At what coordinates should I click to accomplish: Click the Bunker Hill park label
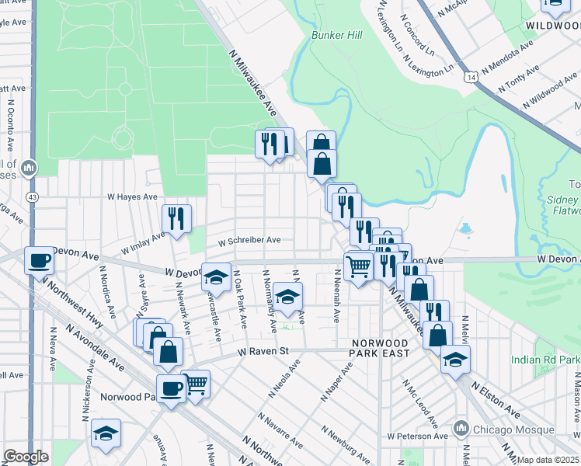(x=337, y=36)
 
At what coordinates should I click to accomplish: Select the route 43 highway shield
(x=32, y=197)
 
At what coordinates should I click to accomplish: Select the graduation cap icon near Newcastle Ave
(x=216, y=276)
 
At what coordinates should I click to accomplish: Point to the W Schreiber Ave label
(x=249, y=240)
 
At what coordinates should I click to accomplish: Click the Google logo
(x=26, y=457)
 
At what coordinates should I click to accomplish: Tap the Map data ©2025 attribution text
(x=548, y=460)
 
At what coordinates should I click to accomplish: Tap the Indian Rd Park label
(x=545, y=360)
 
